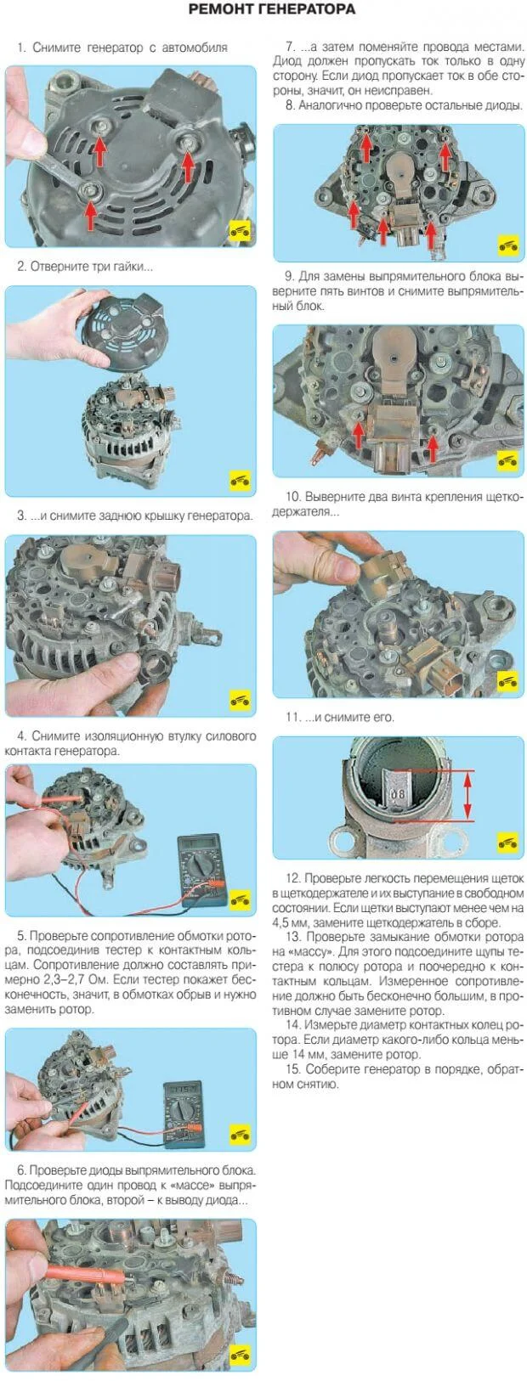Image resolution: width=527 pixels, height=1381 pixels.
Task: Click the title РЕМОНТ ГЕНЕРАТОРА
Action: [271, 9]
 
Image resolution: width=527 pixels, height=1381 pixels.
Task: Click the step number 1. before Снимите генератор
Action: [21, 48]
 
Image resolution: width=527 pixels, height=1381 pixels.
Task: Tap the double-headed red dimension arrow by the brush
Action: [467, 795]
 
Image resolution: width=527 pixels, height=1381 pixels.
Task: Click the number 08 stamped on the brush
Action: [398, 794]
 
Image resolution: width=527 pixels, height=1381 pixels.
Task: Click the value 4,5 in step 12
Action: [282, 923]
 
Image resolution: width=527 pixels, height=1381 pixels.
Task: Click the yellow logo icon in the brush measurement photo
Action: [507, 843]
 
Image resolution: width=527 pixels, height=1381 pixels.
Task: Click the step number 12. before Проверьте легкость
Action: [293, 878]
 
